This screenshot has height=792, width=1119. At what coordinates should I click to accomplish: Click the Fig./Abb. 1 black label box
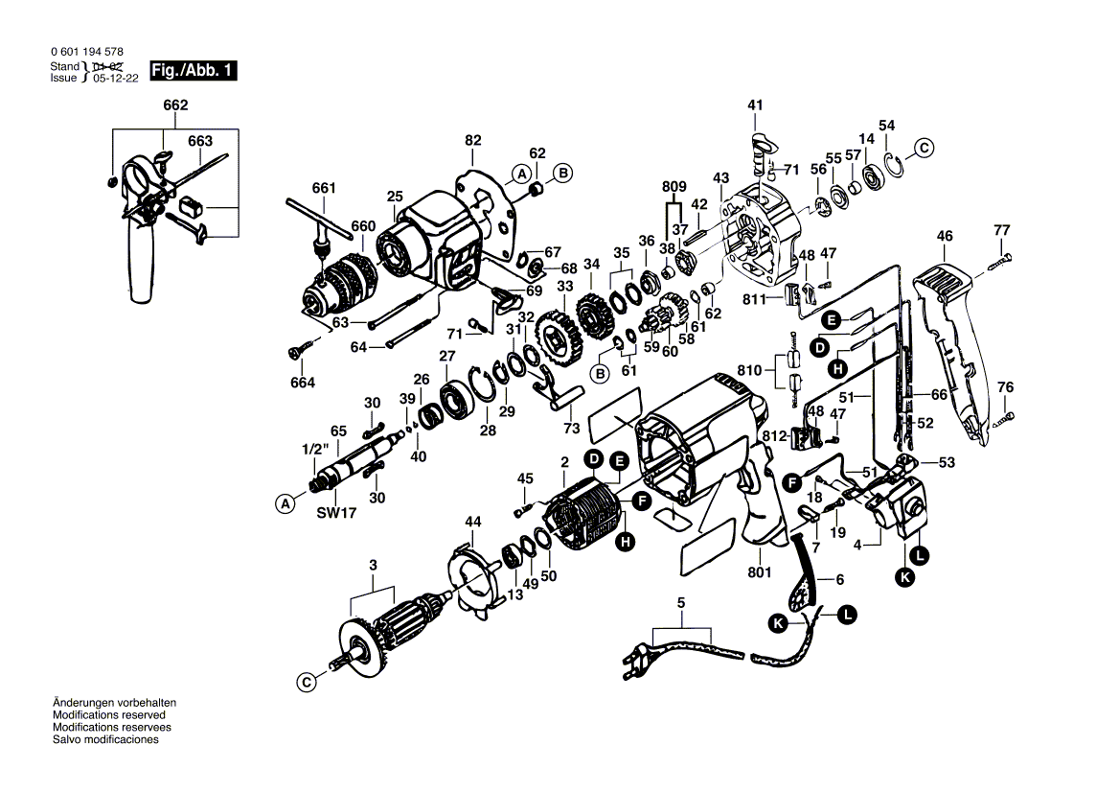pyautogui.click(x=190, y=71)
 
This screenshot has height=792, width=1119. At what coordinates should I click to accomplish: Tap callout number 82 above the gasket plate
pyautogui.click(x=472, y=140)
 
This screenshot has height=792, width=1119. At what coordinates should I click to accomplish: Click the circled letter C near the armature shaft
pyautogui.click(x=305, y=683)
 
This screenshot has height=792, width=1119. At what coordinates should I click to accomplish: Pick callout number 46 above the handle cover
pyautogui.click(x=945, y=235)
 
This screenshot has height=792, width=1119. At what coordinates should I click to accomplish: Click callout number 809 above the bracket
pyautogui.click(x=674, y=188)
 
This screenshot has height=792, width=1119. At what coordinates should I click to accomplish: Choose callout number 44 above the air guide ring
pyautogui.click(x=473, y=522)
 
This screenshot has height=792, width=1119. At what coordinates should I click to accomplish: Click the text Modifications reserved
pyautogui.click(x=108, y=715)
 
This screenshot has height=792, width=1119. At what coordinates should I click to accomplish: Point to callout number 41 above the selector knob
pyautogui.click(x=755, y=105)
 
